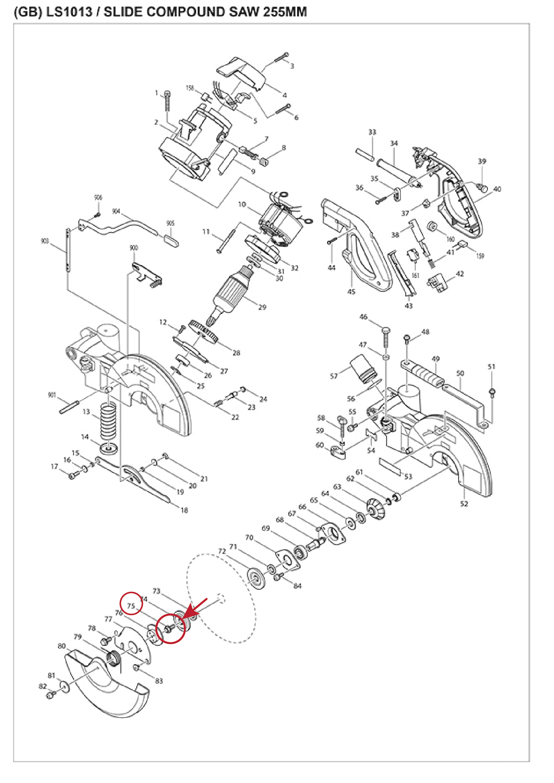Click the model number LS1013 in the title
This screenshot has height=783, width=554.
point(69,12)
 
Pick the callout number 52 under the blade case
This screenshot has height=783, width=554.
point(464,504)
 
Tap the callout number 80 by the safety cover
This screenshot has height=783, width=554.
point(62,646)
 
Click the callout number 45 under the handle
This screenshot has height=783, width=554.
point(351,292)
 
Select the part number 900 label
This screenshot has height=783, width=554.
point(134,248)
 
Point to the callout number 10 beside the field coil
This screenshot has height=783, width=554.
point(242,204)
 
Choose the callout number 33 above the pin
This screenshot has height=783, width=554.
point(372,132)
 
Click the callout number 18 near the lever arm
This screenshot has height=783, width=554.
point(184,510)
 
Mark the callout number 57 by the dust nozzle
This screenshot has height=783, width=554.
point(334,376)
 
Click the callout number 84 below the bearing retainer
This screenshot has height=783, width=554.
point(297,586)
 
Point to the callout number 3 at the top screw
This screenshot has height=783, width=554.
point(292,66)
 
